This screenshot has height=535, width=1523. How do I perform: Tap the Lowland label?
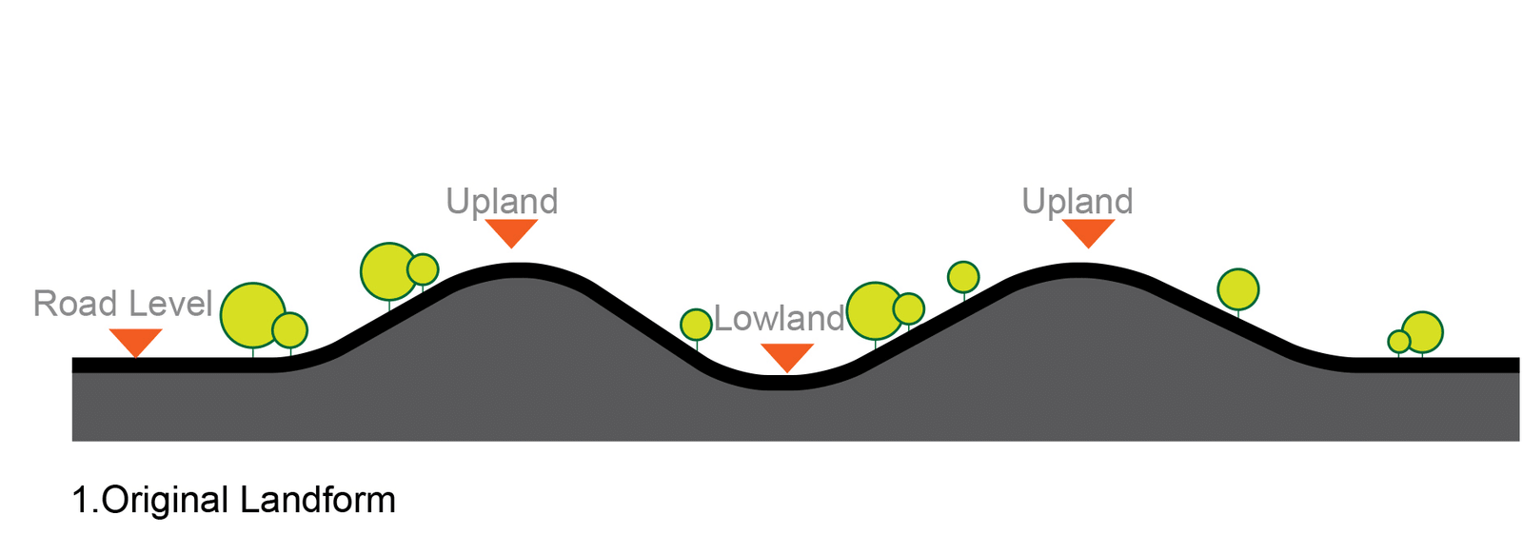tap(780, 319)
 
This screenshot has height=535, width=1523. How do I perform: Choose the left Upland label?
tap(502, 202)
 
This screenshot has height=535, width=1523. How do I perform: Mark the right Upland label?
tap(1077, 202)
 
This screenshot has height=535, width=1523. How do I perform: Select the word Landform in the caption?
tap(318, 500)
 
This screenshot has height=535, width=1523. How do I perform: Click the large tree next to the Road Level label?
tap(252, 315)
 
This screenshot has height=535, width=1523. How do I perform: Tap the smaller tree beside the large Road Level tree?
tap(290, 330)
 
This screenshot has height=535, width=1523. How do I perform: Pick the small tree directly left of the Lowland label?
tap(696, 325)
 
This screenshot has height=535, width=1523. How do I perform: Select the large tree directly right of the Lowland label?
tap(874, 310)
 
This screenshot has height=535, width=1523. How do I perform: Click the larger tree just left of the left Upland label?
tap(388, 271)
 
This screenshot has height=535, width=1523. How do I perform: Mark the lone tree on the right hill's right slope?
tap(1238, 289)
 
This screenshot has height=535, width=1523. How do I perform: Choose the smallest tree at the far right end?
tap(1398, 342)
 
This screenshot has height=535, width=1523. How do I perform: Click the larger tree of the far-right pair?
tap(1423, 331)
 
